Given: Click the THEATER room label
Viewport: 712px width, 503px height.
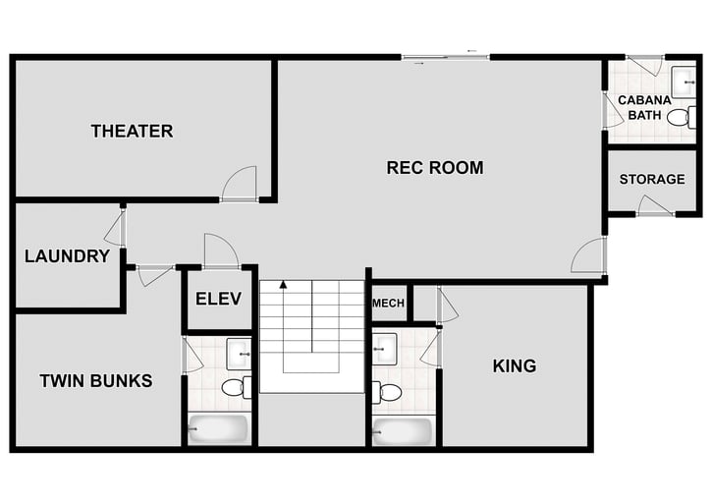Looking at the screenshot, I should tap(132, 131).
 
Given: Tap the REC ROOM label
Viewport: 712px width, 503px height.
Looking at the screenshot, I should tap(435, 168).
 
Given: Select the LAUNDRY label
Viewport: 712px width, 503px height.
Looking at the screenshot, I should tap(67, 256).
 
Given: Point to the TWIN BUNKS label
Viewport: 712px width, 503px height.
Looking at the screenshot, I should tap(96, 380).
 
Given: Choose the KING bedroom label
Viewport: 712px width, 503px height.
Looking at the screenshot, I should tap(514, 366).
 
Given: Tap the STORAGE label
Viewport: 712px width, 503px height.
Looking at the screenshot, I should tap(652, 179).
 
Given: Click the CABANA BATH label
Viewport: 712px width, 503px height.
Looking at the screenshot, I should tap(645, 107).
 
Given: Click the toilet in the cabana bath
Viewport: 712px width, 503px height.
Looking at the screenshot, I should tap(678, 118).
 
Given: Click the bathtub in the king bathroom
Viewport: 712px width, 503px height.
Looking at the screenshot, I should tap(403, 431).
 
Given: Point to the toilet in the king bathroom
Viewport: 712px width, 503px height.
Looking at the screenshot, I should tap(389, 393).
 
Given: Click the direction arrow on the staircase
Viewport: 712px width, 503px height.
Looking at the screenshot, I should tap(284, 286).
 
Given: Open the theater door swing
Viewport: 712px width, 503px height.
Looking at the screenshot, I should tap(240, 184).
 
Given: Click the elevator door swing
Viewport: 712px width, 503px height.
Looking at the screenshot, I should tap(220, 251).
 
